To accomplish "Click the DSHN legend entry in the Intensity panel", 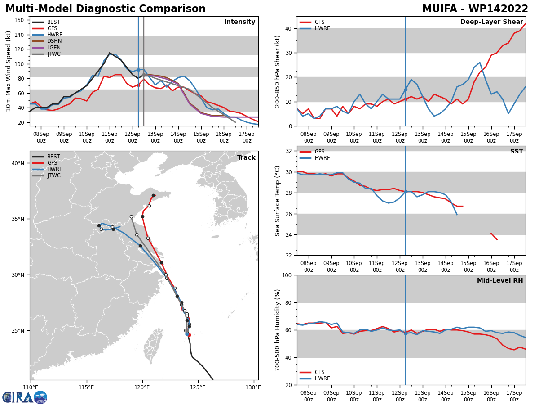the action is click(x=47, y=41).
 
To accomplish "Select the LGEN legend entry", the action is click(x=46, y=47).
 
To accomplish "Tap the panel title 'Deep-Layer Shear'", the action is click(x=491, y=22).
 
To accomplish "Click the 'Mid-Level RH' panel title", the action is click(x=500, y=280).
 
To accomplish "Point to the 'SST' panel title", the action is click(x=517, y=151).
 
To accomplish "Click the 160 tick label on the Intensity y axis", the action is click(x=19, y=20).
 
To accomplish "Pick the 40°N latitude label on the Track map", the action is click(x=18, y=163).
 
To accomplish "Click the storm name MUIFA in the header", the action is click(x=439, y=9).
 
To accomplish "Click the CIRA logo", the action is click(x=25, y=397).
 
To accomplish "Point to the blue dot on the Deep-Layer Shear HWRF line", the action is click(x=406, y=90).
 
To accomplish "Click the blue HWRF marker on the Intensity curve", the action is click(x=138, y=70).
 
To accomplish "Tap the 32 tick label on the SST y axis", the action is click(x=288, y=151).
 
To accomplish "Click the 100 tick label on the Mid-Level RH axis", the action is click(x=287, y=275).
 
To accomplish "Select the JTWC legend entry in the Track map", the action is click(x=46, y=175).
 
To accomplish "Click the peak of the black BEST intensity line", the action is click(x=110, y=53).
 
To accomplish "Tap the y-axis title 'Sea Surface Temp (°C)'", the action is click(x=277, y=201).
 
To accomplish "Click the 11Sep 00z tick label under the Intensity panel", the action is click(x=110, y=137).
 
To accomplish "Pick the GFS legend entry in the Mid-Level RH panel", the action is click(x=312, y=372).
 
